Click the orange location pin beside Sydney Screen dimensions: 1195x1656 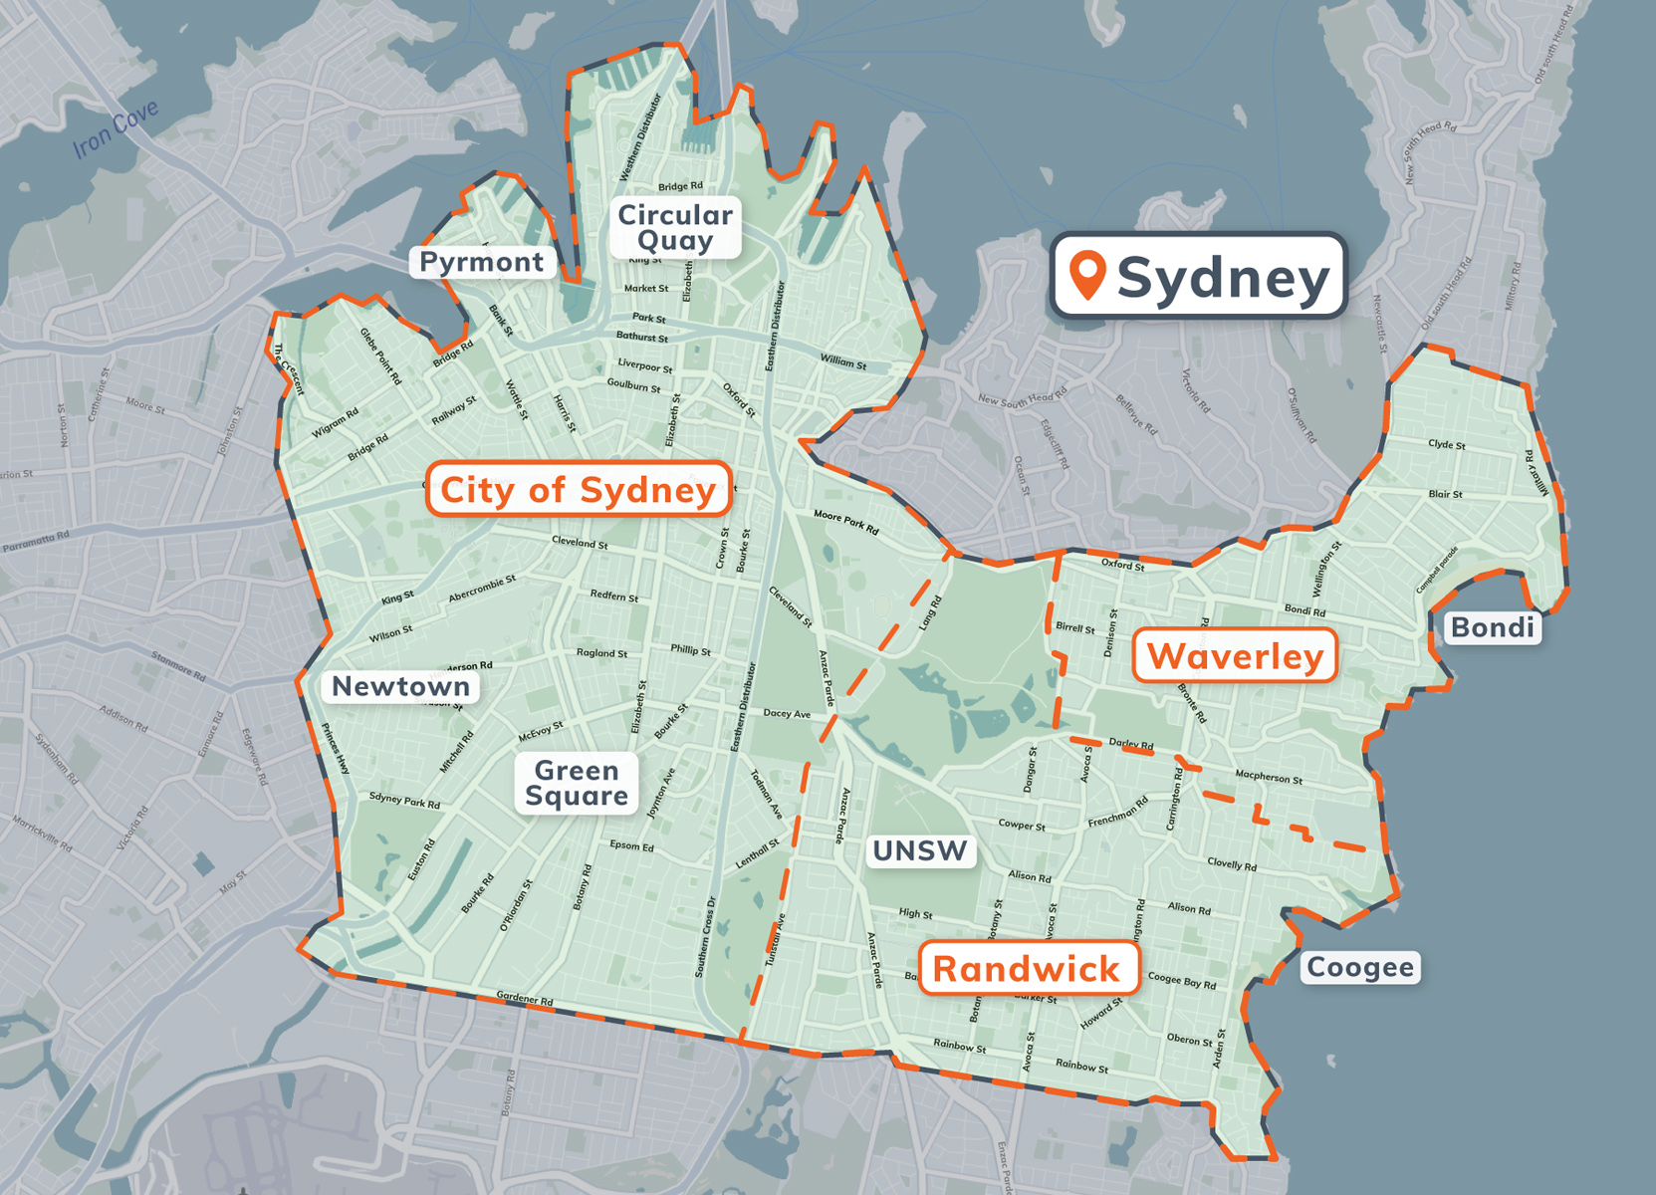coord(1087,274)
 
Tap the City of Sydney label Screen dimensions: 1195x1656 coord(579,490)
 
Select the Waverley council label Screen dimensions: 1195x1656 coord(1235,656)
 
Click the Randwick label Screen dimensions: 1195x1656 coord(1027,969)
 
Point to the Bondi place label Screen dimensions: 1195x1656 coord(1492,627)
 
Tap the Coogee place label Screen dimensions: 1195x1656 coord(1359,967)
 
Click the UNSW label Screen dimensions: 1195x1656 coord(920,850)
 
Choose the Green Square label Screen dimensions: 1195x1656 coord(577,783)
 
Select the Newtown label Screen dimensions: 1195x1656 coord(400,686)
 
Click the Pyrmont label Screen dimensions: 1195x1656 coord(482,262)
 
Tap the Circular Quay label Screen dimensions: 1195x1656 coord(675,227)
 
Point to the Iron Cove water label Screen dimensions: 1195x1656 coord(116,129)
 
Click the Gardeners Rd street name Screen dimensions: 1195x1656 coord(525,999)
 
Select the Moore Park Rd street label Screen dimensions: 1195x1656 coord(846,522)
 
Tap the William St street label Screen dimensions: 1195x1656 coord(843,360)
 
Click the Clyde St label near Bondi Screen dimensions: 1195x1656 coord(1446,444)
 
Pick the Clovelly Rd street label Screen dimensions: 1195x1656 coord(1232,863)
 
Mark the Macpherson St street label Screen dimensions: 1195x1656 coord(1269,776)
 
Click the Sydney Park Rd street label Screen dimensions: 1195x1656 coord(404,800)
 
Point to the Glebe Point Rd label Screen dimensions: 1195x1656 coord(381,356)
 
